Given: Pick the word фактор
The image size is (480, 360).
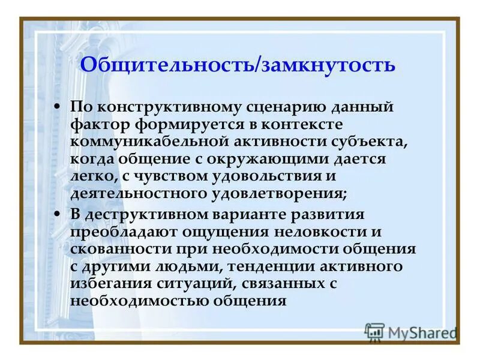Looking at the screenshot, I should point(98,125).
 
